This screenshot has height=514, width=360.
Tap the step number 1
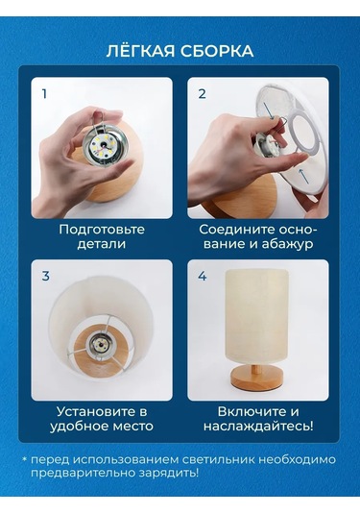pyautogui.click(x=44, y=94)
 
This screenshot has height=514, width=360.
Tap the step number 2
pyautogui.click(x=202, y=94)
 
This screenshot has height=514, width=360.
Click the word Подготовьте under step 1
pyautogui.click(x=102, y=230)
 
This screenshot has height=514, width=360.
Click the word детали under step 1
pyautogui.click(x=102, y=245)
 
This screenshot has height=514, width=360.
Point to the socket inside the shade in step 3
pyautogui.click(x=97, y=345)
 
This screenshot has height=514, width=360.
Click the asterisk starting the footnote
pyautogui.click(x=25, y=460)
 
